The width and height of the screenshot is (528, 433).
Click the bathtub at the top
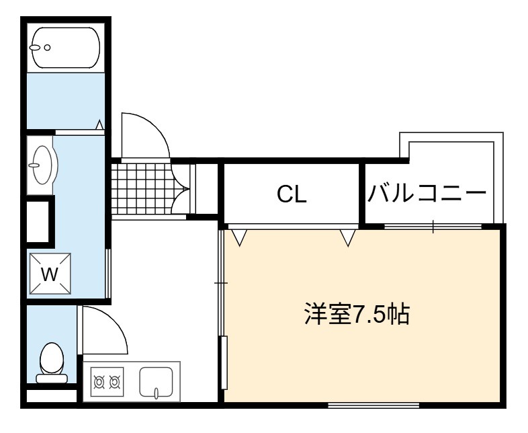tap(66, 48)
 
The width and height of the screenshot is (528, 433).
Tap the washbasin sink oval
tap(43, 165)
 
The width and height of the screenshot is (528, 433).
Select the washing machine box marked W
tap(50, 273)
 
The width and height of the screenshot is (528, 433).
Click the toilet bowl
tap(52, 358)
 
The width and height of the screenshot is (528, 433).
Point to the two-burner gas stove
tap(107, 382)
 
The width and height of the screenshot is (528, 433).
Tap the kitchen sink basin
tap(157, 383)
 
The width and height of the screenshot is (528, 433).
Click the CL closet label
tap(292, 194)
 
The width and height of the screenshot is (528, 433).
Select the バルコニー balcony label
tap(427, 193)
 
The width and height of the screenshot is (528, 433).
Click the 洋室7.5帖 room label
tap(357, 314)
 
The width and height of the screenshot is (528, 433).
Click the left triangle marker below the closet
tap(239, 237)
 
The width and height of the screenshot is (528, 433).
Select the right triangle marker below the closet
tap(348, 237)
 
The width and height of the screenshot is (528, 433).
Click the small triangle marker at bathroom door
tap(99, 124)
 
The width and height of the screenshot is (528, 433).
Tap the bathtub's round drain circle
tap(48, 48)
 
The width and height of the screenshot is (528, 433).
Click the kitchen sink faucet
tap(157, 393)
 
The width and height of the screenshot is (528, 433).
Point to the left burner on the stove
tap(99, 382)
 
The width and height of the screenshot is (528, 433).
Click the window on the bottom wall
tap(373, 405)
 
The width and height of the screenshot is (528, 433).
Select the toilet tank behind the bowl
tap(52, 379)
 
